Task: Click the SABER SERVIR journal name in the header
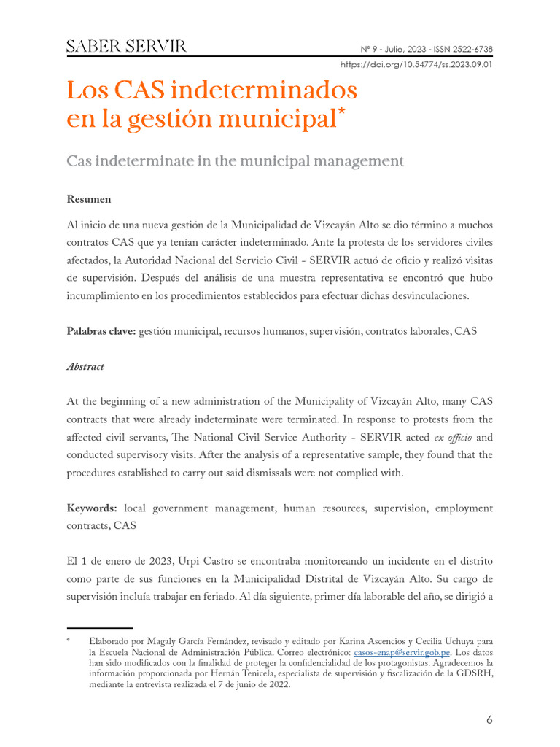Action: [126, 47]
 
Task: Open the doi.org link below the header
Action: [416, 64]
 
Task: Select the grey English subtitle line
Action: [235, 160]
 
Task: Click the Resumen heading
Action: [89, 199]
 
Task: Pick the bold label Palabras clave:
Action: [101, 331]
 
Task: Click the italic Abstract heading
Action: [85, 367]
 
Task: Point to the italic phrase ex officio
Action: [448, 438]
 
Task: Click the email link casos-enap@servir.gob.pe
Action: [401, 651]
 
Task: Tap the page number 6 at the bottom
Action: [489, 720]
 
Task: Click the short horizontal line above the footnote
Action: [99, 627]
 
